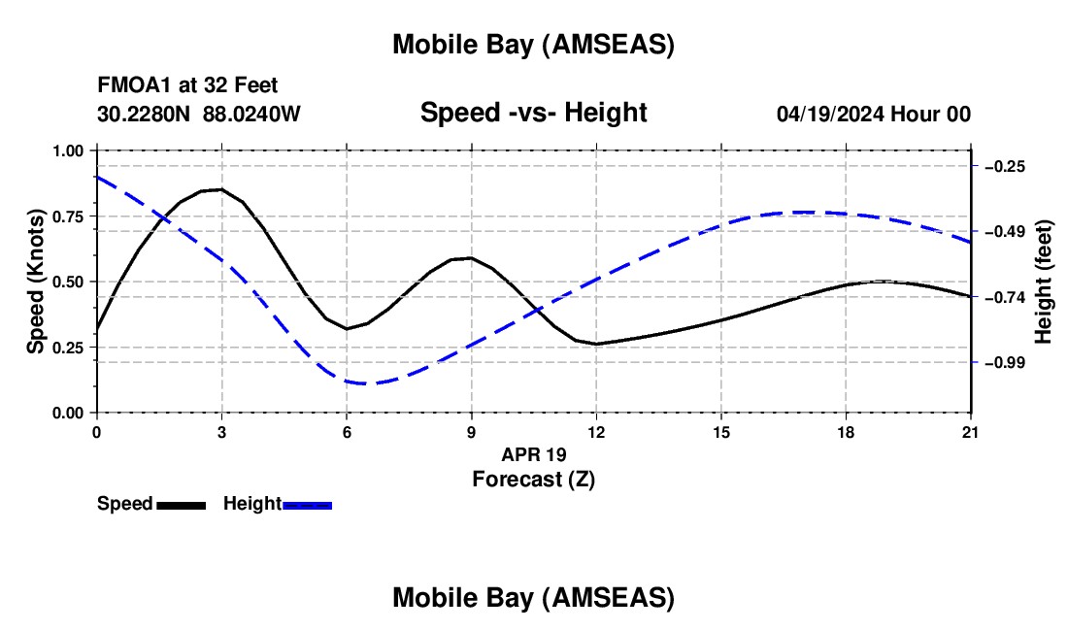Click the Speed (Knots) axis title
(x=35, y=282)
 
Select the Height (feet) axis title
(x=1044, y=282)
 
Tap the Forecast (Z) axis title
(x=533, y=479)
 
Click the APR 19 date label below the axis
(x=533, y=454)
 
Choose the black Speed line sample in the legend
(x=181, y=504)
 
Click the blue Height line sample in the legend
(x=307, y=504)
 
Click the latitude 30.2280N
(x=145, y=114)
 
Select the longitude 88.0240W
(x=251, y=114)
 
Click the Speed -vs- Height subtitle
(x=533, y=113)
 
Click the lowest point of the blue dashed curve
(x=361, y=382)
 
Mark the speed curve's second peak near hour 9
(x=470, y=258)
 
